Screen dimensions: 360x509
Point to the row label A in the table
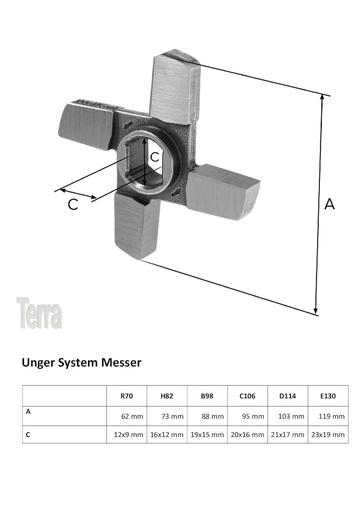point(28,412)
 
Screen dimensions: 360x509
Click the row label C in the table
point(28,435)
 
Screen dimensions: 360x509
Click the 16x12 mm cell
point(167,435)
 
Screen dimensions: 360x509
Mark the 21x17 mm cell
point(287,435)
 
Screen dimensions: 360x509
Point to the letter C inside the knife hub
point(155,157)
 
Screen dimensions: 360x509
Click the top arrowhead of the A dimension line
point(322,97)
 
